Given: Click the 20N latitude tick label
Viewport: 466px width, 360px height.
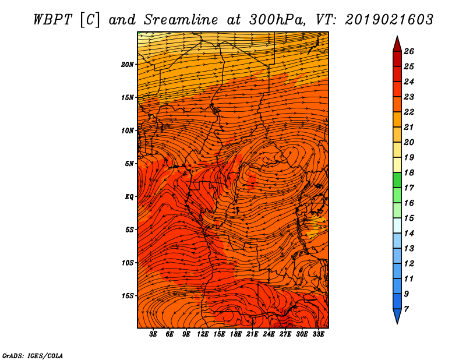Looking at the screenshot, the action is (x=127, y=65).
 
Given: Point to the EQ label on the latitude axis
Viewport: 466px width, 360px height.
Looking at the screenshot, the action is (x=129, y=197).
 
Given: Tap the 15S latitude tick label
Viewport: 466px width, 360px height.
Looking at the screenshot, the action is (x=127, y=296).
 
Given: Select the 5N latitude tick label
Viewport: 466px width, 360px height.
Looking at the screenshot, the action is (x=129, y=164).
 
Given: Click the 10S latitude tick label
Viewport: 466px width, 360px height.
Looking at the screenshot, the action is (x=127, y=263).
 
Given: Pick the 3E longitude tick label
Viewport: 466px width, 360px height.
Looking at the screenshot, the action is (x=153, y=334).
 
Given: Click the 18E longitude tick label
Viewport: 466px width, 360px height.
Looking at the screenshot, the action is (x=236, y=334).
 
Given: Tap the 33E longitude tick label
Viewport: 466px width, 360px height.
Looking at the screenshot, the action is (x=318, y=334).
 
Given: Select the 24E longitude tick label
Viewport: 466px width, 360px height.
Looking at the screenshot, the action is (x=269, y=334).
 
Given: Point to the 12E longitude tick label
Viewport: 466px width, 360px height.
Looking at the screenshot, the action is (x=203, y=334).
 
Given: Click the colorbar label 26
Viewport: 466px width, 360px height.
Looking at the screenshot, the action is (x=409, y=51).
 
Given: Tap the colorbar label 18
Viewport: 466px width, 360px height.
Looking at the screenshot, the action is (x=409, y=172).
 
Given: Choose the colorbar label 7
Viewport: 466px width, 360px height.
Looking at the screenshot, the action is (x=406, y=309).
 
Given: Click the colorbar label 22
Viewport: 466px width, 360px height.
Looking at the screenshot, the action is (x=409, y=112).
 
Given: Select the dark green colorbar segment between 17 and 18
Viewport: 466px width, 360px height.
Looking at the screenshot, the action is (x=397, y=180).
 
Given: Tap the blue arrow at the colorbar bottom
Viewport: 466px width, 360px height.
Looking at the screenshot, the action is (x=397, y=316).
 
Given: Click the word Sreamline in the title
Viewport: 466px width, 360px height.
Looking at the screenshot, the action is (x=181, y=20).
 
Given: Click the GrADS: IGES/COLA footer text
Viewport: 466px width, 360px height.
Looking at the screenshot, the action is (x=33, y=356).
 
